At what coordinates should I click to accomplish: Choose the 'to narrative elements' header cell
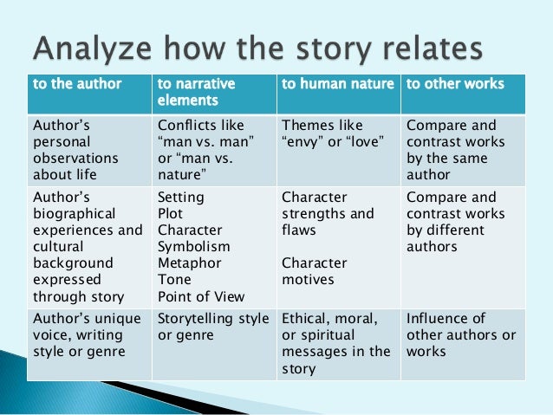(196, 93)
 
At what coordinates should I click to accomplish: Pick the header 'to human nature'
(337, 85)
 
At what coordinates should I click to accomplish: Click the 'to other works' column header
(454, 85)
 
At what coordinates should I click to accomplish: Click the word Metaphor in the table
(189, 263)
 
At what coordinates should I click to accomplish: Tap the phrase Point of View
(201, 296)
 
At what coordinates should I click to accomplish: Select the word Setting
(180, 198)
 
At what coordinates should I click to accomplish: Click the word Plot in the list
(171, 214)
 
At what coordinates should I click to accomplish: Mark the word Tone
(174, 280)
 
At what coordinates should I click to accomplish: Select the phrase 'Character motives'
(314, 271)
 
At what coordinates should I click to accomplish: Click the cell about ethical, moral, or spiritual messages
(336, 343)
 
